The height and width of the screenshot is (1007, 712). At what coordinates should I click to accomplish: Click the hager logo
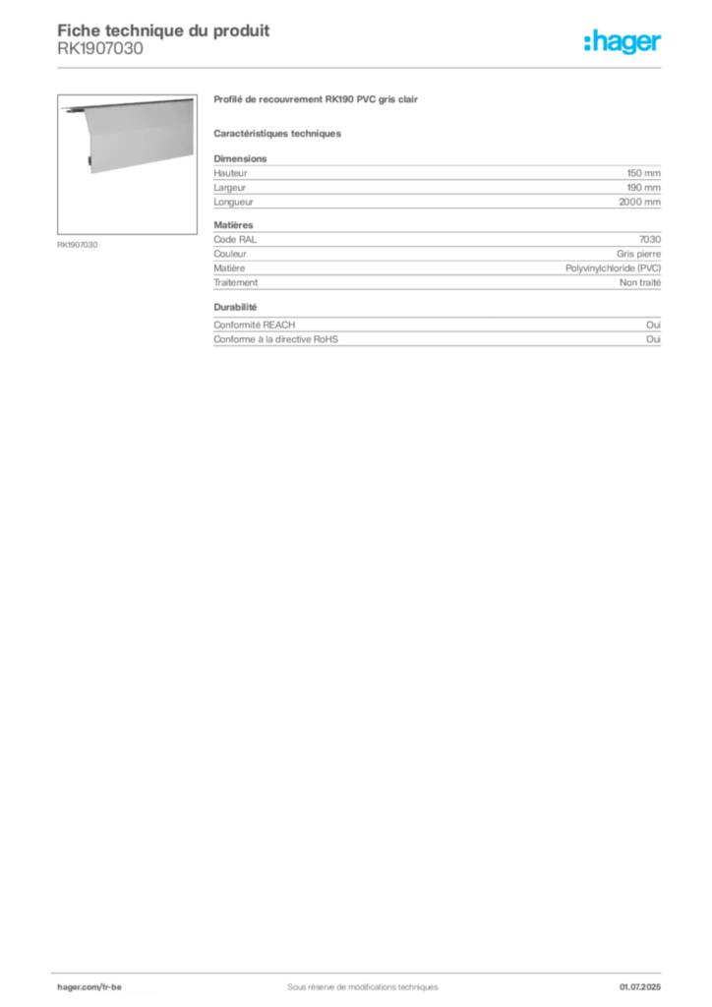point(623,42)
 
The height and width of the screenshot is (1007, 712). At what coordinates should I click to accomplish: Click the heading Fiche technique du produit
point(163,30)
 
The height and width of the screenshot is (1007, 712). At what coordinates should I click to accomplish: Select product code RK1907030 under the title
point(100,49)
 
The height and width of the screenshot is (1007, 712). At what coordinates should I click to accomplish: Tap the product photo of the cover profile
point(127,164)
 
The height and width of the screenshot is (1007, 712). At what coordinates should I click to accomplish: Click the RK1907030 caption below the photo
point(78,245)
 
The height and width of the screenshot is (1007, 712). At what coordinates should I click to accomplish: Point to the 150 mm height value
point(644,173)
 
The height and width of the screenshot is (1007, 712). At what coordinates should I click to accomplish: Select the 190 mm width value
point(644,188)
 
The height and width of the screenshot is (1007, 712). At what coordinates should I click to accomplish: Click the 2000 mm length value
point(639,202)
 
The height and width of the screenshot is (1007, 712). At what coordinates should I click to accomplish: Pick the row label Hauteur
point(230,173)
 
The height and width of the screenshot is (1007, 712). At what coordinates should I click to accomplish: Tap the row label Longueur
point(234,203)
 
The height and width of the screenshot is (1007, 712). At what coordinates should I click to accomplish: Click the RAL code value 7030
point(650,240)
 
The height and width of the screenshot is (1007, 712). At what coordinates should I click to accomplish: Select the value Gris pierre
point(639,255)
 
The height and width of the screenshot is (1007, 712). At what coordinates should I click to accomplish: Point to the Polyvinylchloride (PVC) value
point(613,268)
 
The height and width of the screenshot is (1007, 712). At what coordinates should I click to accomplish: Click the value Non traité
point(640,282)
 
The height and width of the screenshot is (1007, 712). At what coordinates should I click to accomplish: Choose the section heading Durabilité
point(236,307)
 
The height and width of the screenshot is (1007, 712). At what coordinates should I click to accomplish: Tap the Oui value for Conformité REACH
point(654,325)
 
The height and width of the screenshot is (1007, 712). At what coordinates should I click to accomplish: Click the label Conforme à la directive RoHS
point(276,339)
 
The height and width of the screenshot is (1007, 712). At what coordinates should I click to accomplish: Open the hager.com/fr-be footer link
point(89,987)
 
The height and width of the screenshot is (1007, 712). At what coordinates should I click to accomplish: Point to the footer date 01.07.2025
point(640,987)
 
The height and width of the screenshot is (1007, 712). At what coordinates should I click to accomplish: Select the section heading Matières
point(234,225)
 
